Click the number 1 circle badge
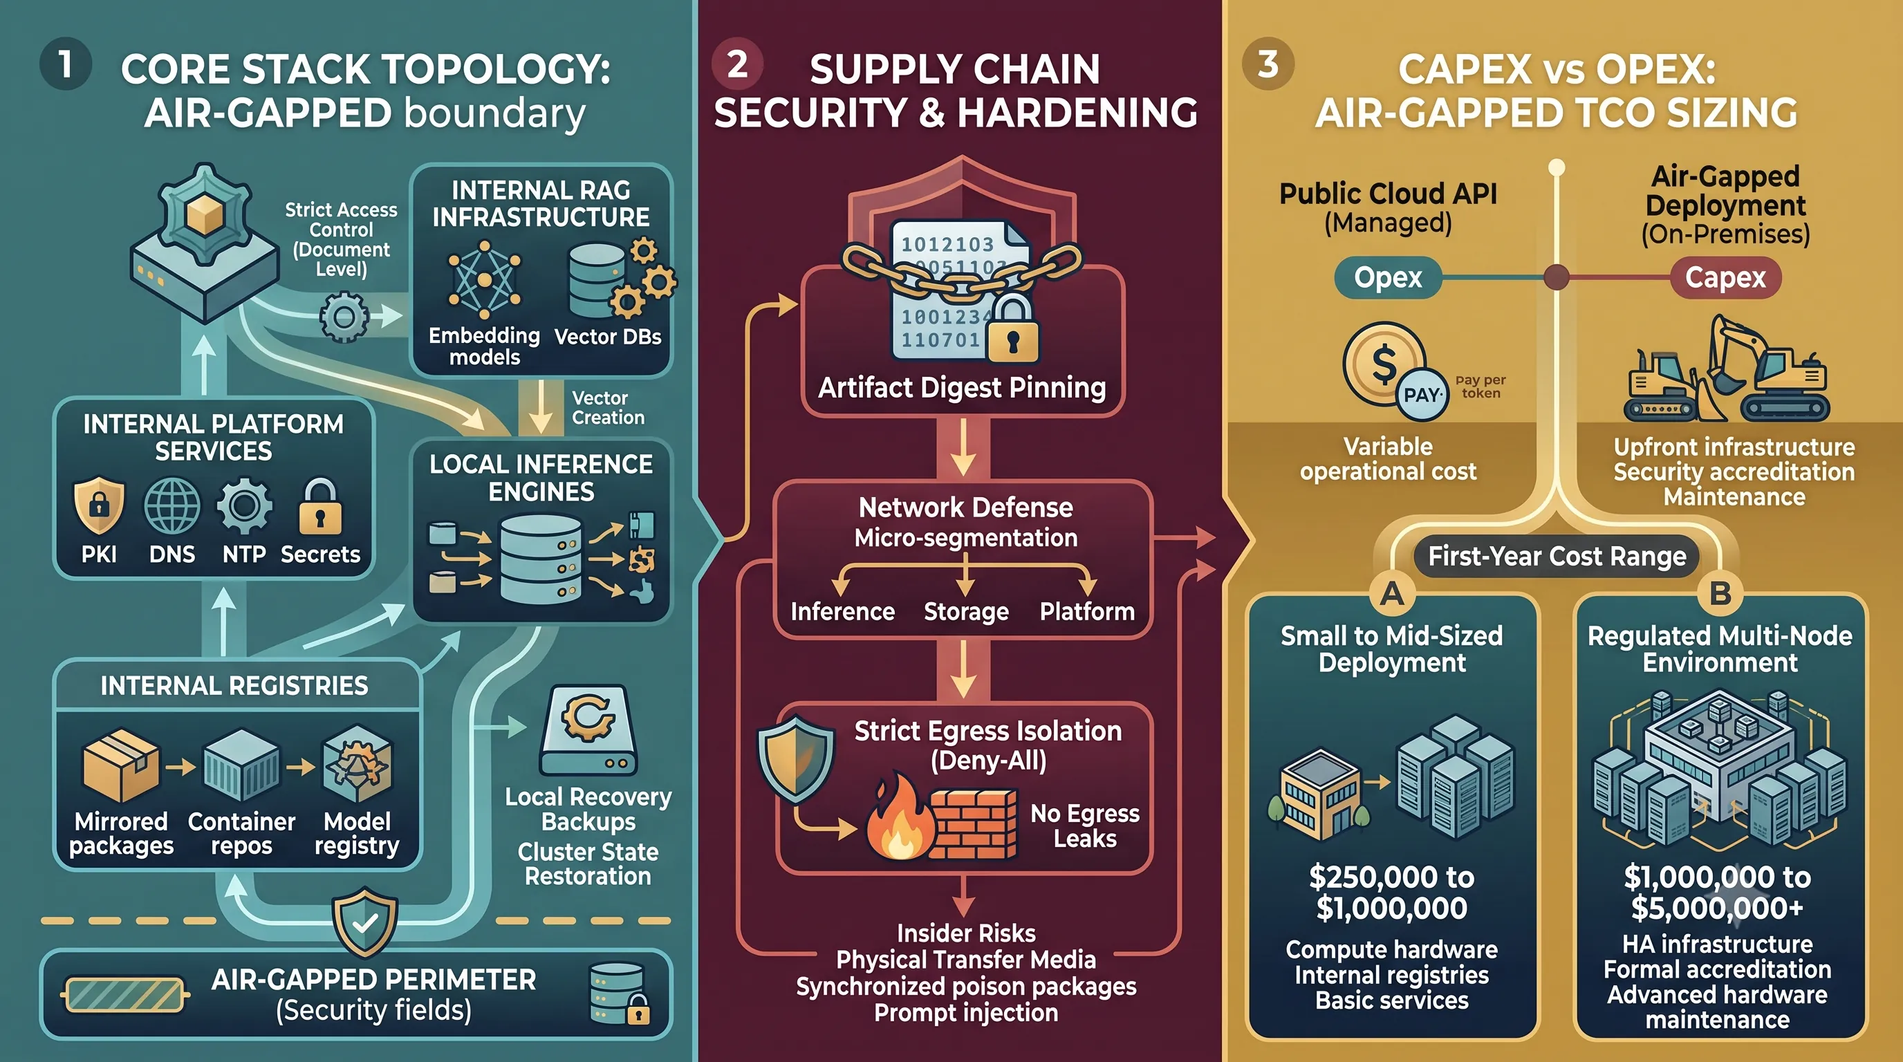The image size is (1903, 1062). (x=65, y=64)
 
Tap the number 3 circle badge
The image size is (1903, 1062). (x=1268, y=64)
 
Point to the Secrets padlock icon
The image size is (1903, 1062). (x=320, y=506)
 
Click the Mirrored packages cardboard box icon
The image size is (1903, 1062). (x=120, y=766)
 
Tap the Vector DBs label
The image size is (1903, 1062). (x=607, y=337)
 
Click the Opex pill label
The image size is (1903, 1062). (x=1388, y=278)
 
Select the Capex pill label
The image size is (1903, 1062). (x=1725, y=278)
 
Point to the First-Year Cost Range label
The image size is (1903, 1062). (x=1557, y=556)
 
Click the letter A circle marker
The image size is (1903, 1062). (x=1392, y=593)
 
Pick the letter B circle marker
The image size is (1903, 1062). (x=1720, y=593)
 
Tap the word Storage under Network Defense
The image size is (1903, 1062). (x=966, y=611)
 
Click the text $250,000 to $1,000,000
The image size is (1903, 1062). (x=1392, y=892)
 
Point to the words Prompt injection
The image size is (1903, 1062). (x=966, y=1012)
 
